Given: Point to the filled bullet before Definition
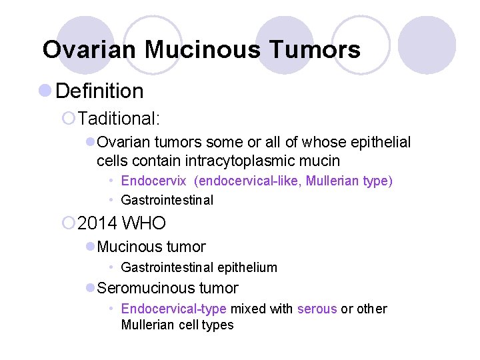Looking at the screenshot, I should pos(45,90).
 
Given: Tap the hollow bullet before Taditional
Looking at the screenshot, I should pos(68,119).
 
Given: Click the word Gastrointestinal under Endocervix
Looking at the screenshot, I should pos(167,200).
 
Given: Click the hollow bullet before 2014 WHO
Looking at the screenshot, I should pos(68,223).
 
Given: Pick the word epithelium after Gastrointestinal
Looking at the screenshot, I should pos(246,267).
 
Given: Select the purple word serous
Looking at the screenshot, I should pos(317,309).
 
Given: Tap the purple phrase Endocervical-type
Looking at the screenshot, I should pos(174,309).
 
